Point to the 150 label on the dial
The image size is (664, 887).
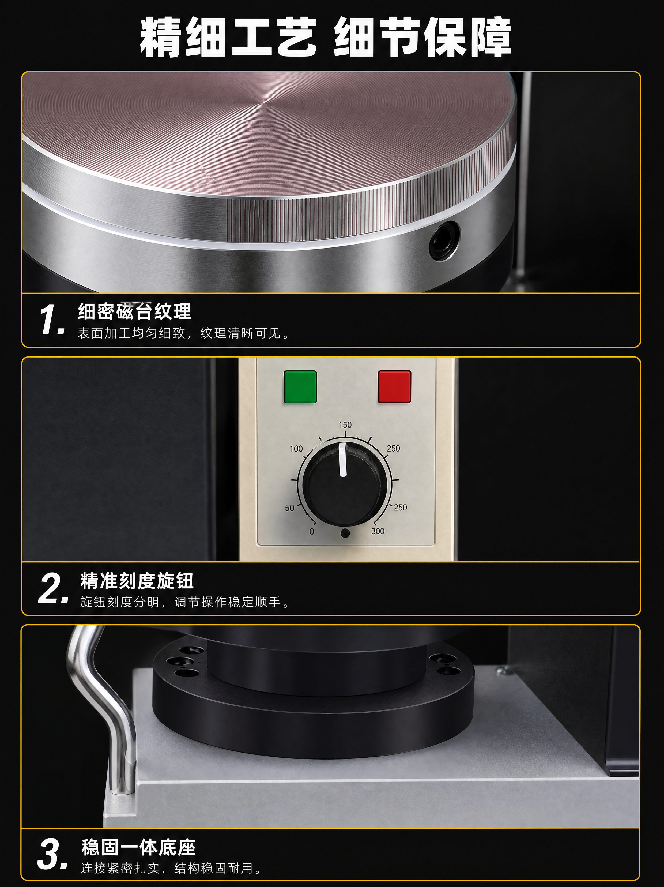[345, 425]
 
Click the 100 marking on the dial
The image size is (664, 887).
[296, 449]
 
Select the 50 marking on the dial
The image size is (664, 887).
[289, 508]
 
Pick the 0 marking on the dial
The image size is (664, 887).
[312, 532]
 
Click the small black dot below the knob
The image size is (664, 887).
[344, 533]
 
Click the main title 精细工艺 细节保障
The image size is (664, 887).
[326, 37]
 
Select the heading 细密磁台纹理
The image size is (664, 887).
[135, 311]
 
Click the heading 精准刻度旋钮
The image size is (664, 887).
[137, 580]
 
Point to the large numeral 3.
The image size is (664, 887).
[52, 856]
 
